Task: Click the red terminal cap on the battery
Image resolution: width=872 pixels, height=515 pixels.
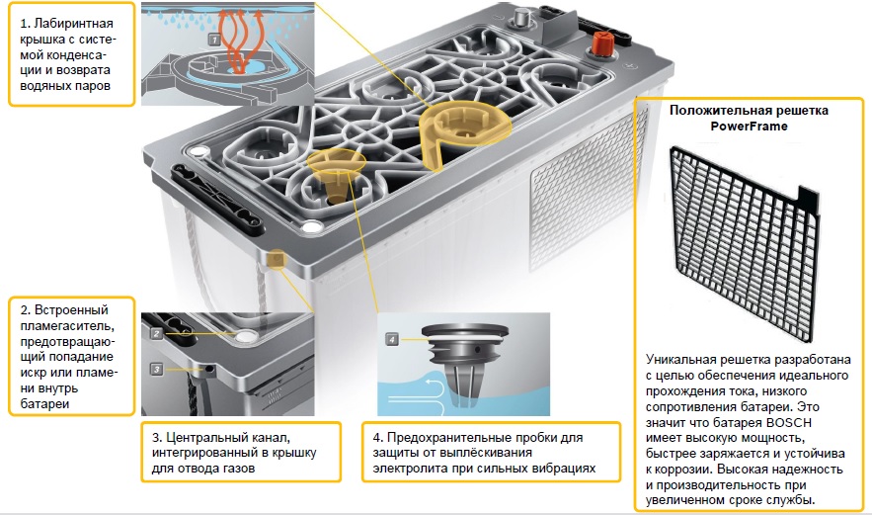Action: point(602,43)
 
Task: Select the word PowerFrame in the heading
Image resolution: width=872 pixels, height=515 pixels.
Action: point(750,127)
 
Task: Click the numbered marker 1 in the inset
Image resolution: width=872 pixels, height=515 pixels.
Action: point(214,40)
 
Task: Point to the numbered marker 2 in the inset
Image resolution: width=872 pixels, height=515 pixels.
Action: point(156,333)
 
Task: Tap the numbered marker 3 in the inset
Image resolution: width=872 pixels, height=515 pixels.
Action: point(156,369)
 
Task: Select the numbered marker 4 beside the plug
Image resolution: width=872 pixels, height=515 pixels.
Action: point(392,339)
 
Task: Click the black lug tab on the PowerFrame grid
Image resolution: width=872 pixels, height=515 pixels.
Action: point(809,200)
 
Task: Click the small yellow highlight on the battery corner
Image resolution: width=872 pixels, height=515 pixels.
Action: point(277,259)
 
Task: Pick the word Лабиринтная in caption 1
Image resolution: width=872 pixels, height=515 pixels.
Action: point(73,24)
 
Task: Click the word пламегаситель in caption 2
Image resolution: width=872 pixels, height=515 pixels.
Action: point(67,325)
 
